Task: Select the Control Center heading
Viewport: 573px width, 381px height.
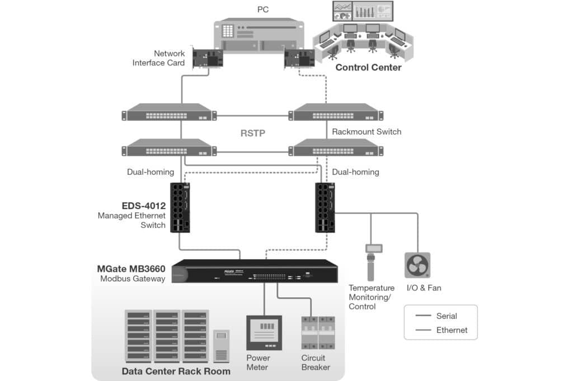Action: tap(368, 68)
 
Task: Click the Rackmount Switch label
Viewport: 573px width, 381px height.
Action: tap(367, 132)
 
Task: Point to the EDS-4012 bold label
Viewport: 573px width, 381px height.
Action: tap(144, 206)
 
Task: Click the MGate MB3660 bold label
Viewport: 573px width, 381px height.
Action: tap(131, 269)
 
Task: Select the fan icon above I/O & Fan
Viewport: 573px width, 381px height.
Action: tap(417, 265)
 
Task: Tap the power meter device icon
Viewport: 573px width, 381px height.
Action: tap(264, 332)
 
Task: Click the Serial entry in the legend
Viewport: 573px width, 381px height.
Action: tap(447, 316)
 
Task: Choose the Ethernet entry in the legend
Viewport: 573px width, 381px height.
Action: tap(452, 330)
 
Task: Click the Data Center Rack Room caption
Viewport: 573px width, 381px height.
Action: tap(176, 372)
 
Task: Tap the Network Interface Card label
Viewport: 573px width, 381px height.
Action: tap(158, 58)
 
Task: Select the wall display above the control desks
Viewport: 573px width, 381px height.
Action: tap(362, 11)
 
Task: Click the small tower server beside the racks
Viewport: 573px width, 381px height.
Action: tap(222, 346)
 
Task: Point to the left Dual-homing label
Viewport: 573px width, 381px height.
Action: tap(151, 172)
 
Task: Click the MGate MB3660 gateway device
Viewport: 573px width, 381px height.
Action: tap(255, 272)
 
